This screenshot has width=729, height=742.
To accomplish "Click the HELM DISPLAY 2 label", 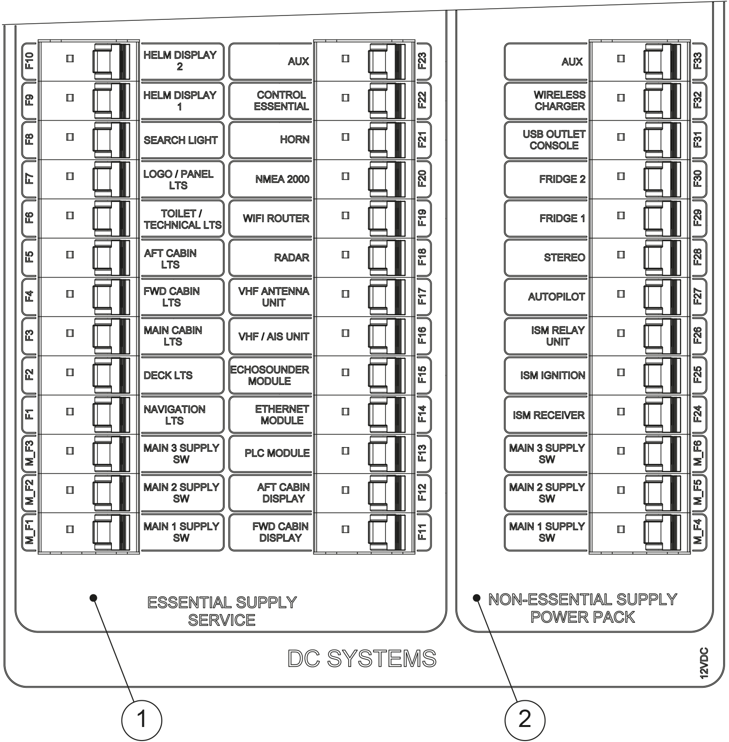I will click(x=180, y=61).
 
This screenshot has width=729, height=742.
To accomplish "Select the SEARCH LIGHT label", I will click(x=180, y=140).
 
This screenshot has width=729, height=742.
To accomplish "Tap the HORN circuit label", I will click(x=294, y=139).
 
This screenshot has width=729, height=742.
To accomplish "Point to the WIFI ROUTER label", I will click(x=276, y=218).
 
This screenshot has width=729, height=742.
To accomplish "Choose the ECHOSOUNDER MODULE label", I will click(x=269, y=375).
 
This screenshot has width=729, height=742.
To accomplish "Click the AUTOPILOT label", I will click(x=556, y=297).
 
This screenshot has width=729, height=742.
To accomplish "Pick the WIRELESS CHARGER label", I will click(x=559, y=101).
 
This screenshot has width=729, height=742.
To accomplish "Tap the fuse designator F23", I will click(x=422, y=62).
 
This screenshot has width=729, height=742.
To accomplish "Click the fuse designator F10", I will click(x=30, y=61).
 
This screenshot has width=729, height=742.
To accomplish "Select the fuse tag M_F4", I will click(x=698, y=532).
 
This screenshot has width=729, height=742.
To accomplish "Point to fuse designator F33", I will click(x=698, y=62).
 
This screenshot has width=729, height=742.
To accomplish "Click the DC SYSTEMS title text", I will click(x=362, y=659).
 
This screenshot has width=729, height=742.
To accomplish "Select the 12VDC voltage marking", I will click(x=704, y=663).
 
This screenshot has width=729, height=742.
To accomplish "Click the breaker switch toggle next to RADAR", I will click(x=387, y=258).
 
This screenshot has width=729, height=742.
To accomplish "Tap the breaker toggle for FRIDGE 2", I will click(x=662, y=179).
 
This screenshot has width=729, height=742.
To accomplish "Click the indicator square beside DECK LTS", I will click(x=70, y=372).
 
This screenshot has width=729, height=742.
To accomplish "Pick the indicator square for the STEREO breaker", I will click(x=621, y=255).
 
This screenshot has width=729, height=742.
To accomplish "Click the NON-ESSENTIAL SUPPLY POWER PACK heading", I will click(x=582, y=608).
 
